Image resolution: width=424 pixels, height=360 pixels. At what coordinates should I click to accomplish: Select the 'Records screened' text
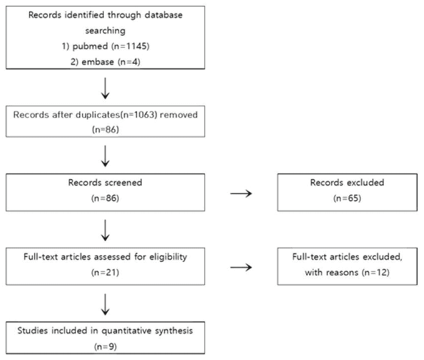[105, 183]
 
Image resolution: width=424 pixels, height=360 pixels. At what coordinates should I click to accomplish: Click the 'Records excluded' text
[347, 183]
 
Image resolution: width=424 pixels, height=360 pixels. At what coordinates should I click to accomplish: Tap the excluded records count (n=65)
[347, 198]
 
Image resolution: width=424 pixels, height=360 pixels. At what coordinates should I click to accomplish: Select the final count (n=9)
[105, 346]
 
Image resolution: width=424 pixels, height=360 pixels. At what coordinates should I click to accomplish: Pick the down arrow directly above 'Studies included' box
[105, 304]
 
